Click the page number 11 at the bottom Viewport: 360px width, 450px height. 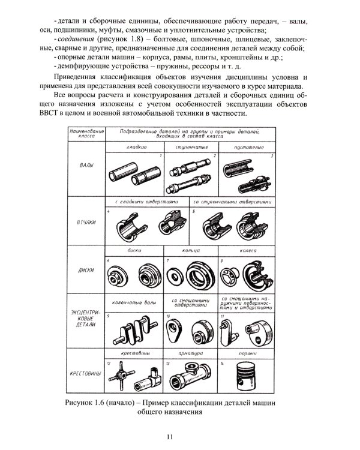tap(179, 436)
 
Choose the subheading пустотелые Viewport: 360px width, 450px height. tap(247, 146)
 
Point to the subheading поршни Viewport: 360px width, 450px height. tap(247, 355)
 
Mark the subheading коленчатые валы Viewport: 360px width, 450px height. tap(134, 302)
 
